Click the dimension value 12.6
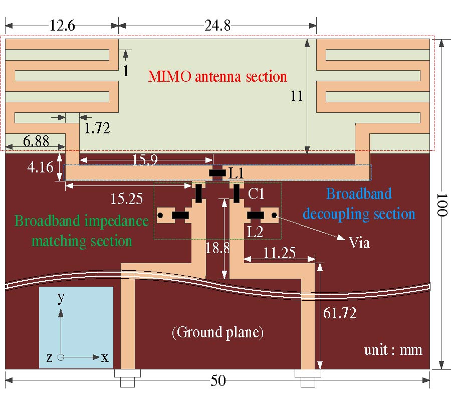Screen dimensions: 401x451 [x=62, y=25]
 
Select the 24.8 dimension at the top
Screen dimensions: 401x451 [x=217, y=25]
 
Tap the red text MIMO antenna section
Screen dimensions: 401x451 [x=217, y=77]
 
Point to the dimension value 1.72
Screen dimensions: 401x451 [x=97, y=128]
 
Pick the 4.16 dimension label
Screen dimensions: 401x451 [x=40, y=167]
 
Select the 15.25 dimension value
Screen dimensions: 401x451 [x=126, y=198]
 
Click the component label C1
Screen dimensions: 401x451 [x=256, y=193]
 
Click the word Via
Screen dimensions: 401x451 [x=359, y=243]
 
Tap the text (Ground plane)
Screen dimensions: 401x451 [x=217, y=332]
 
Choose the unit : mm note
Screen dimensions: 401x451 [x=393, y=349]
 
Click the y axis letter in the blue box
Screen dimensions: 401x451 [x=61, y=298]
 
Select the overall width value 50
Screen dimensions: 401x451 [x=217, y=381]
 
